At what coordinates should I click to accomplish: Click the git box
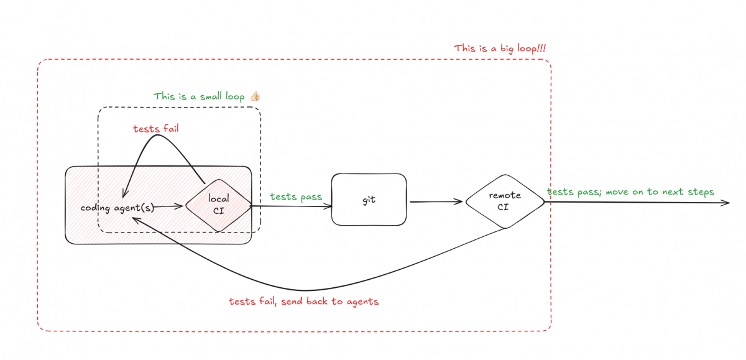coord(369,199)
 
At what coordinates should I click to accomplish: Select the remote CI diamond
coord(505,201)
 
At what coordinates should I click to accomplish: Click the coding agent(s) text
coord(117,207)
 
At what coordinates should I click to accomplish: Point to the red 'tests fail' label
coord(156,129)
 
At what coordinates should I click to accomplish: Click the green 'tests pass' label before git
coord(296,196)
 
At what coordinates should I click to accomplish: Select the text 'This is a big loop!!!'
coord(500,48)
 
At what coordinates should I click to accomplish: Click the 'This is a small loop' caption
coord(199,96)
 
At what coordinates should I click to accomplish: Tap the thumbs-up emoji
coord(255,96)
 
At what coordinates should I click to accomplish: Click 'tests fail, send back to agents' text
coord(303,302)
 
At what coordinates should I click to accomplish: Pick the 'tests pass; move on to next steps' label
coord(630,192)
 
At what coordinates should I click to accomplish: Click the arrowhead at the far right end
coord(726,202)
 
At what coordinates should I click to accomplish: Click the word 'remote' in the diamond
coord(505,195)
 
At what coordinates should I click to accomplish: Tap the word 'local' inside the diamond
coord(218,198)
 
